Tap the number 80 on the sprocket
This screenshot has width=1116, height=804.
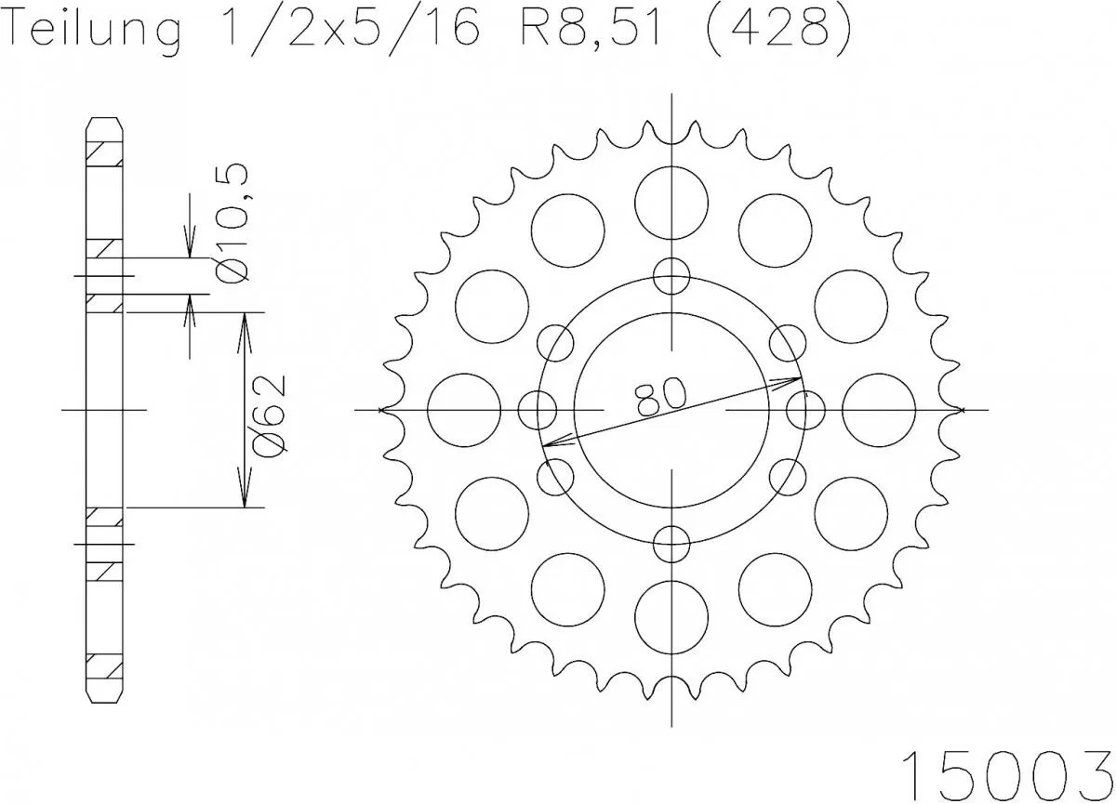pos(662,397)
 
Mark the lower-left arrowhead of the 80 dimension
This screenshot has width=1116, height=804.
pos(549,444)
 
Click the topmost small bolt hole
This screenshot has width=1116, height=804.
pos(671,274)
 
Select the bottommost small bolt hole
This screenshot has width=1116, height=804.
pos(671,544)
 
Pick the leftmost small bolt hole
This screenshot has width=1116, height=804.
pos(537,409)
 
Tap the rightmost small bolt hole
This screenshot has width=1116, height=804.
pos(805,409)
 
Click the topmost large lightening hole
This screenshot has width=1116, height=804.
pos(671,201)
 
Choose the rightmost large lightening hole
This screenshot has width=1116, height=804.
pos(879,409)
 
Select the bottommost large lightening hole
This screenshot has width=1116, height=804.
pos(671,616)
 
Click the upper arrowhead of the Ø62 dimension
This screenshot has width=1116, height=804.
pos(245,321)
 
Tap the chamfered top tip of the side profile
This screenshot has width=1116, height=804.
pos(104,122)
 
